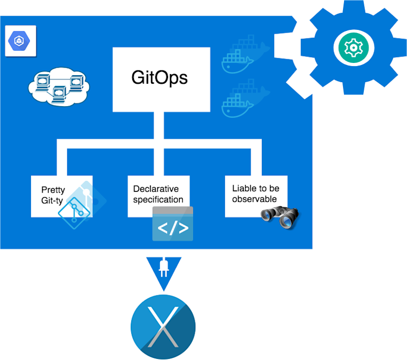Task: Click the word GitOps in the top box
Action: (x=159, y=78)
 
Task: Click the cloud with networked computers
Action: (x=59, y=86)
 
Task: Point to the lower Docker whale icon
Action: (x=244, y=99)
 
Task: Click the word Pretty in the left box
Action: (x=53, y=190)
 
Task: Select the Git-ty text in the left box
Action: (x=53, y=201)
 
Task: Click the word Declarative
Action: (x=156, y=189)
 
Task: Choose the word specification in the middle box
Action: (x=158, y=200)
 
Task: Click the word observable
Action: (x=254, y=199)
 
